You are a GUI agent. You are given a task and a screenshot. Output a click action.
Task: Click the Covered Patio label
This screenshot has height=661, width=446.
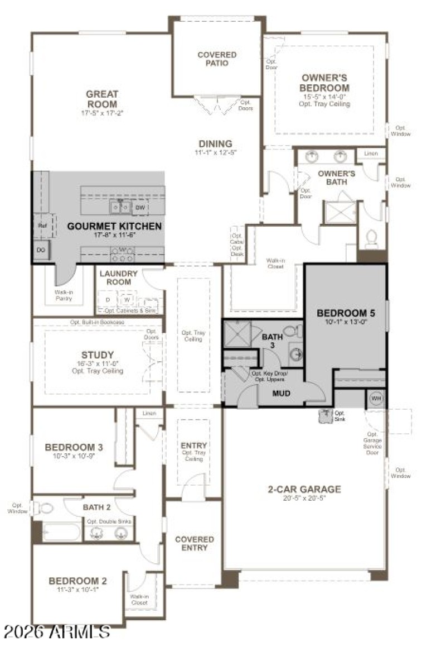click(x=217, y=59)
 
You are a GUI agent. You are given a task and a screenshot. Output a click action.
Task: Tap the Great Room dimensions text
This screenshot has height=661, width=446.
click(x=101, y=113)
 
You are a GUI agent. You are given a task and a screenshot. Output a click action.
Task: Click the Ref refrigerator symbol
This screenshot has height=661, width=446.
click(x=42, y=226)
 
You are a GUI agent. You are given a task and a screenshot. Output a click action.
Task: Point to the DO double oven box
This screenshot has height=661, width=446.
click(x=41, y=250)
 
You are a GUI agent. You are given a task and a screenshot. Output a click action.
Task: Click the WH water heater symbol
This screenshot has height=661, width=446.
click(x=376, y=399)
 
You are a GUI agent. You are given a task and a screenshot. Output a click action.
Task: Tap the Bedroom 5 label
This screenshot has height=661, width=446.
click(x=346, y=313)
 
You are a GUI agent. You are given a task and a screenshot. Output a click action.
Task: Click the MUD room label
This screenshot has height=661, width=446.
click(x=281, y=393)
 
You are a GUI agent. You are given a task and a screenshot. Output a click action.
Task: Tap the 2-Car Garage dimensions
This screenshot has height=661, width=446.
click(x=304, y=499)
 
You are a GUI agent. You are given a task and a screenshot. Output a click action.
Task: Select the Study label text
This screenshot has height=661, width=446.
click(x=97, y=355)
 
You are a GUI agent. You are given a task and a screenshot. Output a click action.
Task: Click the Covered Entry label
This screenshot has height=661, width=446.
click(x=194, y=543)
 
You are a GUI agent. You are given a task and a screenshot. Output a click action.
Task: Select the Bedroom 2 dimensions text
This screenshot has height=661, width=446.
click(x=77, y=590)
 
